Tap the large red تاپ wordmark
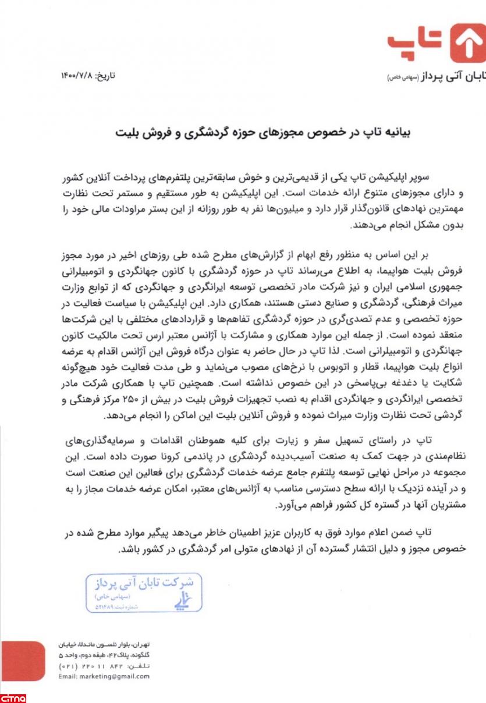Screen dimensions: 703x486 coord(416,44)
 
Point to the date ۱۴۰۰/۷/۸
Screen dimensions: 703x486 coord(77,76)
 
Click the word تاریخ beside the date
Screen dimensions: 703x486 coord(106,76)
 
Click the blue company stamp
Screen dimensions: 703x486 coord(144,592)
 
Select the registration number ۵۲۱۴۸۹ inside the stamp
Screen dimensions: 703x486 coord(105,606)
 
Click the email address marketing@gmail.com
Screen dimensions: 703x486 coord(104,676)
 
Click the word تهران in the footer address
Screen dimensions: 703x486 coord(140,645)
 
